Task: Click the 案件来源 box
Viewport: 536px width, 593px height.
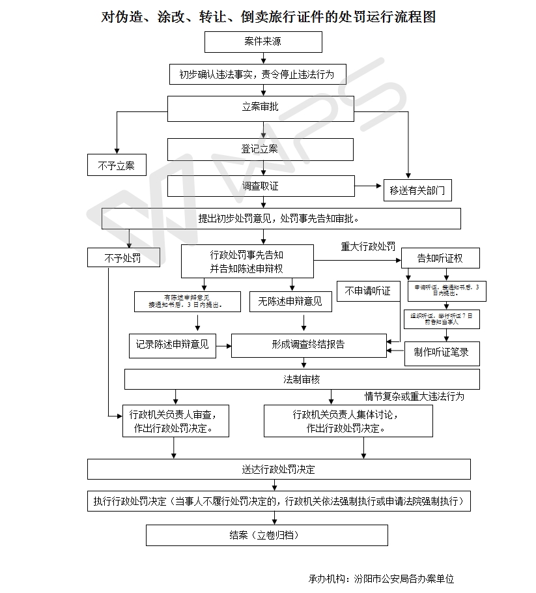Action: click(263, 42)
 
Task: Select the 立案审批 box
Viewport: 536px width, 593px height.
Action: click(261, 108)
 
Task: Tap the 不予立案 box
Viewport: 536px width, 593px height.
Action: click(117, 166)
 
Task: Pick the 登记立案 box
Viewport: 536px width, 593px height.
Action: click(261, 149)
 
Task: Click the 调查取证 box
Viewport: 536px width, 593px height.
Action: click(261, 186)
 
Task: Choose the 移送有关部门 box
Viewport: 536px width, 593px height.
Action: click(417, 190)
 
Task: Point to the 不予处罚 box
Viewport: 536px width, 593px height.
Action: click(123, 257)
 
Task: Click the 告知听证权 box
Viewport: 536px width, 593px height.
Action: click(440, 258)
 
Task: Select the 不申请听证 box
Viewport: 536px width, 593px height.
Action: click(368, 291)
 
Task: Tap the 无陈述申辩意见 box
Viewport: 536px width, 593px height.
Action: click(290, 301)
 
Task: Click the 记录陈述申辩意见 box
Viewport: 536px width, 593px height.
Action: click(173, 345)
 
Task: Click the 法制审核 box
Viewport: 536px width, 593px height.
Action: click(302, 379)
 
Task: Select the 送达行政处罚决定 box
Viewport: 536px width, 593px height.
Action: click(279, 469)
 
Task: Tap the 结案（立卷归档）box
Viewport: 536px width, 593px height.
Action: click(267, 536)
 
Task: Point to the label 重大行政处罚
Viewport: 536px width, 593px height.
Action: click(368, 247)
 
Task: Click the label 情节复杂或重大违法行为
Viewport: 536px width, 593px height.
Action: click(414, 396)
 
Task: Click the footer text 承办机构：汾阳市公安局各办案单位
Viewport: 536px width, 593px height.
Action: click(381, 579)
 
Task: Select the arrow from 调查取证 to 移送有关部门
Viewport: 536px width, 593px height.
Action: click(369, 186)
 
